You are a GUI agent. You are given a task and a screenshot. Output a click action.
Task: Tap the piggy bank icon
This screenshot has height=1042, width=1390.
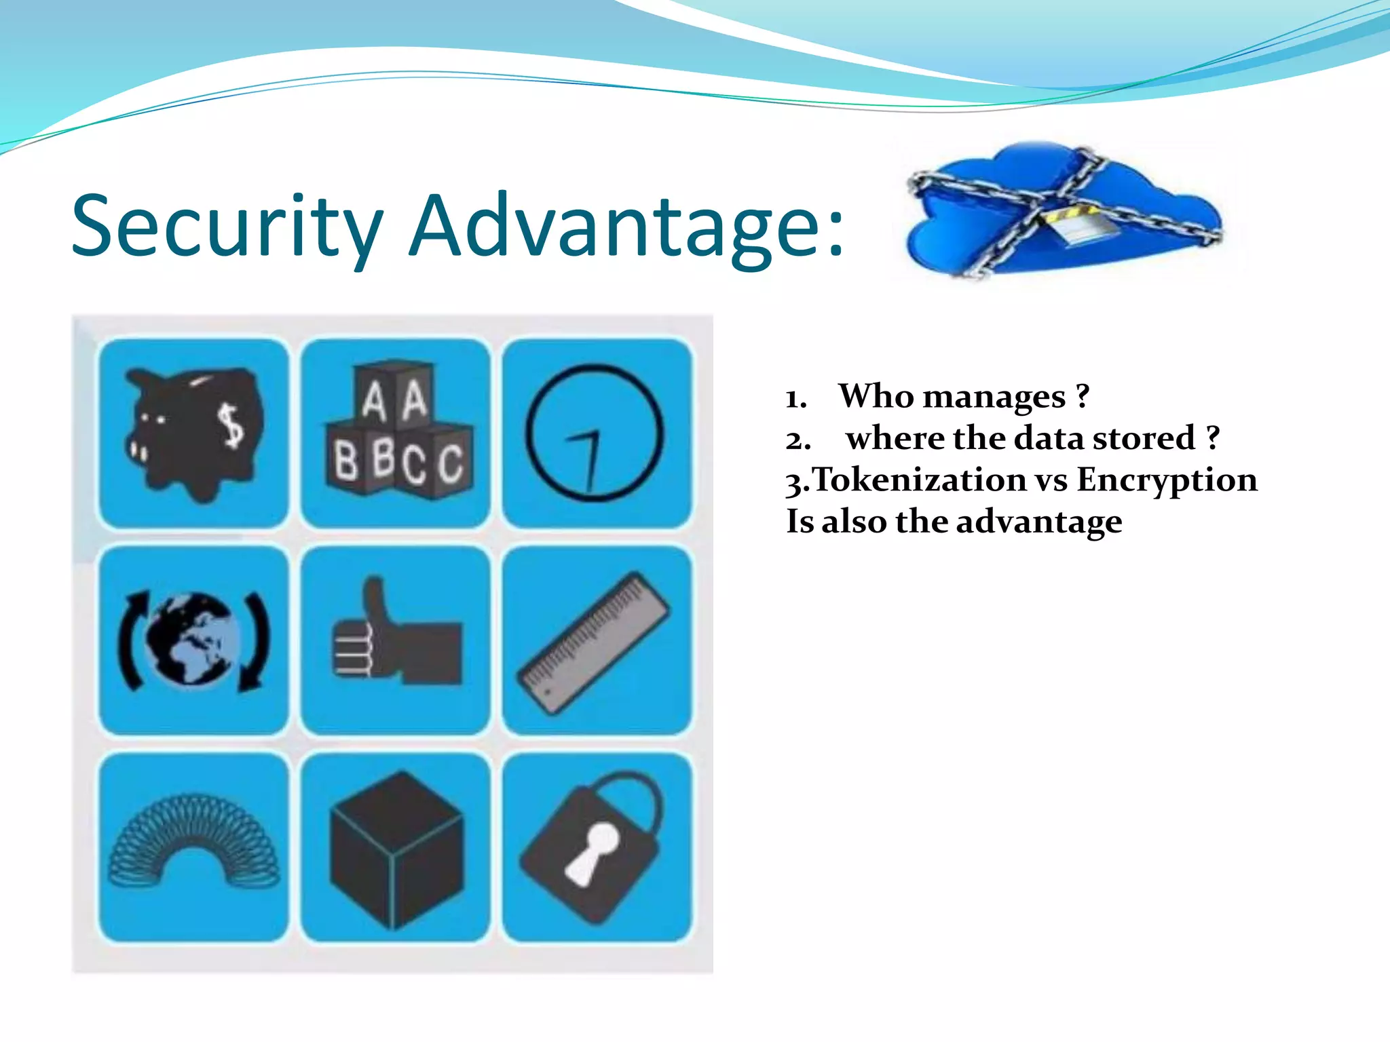(x=193, y=434)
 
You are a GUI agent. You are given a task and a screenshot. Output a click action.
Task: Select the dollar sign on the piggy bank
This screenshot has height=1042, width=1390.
(x=233, y=425)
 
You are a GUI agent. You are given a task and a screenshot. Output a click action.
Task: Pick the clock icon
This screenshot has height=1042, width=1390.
(x=595, y=433)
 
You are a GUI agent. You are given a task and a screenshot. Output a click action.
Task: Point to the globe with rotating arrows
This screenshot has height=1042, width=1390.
(x=193, y=640)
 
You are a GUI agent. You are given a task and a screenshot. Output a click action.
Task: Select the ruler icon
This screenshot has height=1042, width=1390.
(x=595, y=642)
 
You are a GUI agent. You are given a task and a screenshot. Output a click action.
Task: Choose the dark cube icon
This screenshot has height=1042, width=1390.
(x=396, y=848)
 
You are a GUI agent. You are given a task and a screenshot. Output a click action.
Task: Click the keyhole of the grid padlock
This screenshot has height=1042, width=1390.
(x=592, y=851)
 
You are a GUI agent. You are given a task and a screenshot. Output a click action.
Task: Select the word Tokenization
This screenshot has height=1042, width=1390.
(x=919, y=480)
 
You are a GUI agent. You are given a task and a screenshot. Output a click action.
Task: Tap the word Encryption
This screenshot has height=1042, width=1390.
(x=1167, y=480)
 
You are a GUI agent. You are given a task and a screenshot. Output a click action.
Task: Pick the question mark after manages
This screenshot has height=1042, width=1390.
(x=1083, y=395)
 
